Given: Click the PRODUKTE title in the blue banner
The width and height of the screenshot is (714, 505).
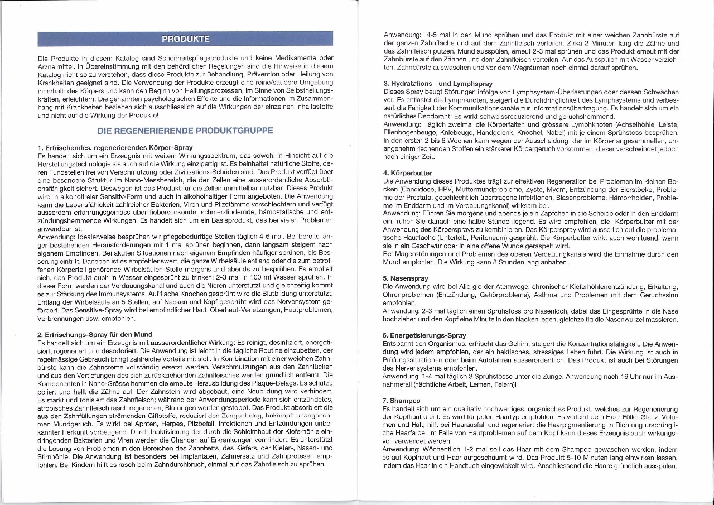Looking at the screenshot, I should (185, 39).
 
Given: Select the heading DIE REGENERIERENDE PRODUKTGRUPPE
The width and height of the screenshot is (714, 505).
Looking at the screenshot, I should (185, 131).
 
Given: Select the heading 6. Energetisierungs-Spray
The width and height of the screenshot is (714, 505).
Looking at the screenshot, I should (424, 335).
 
